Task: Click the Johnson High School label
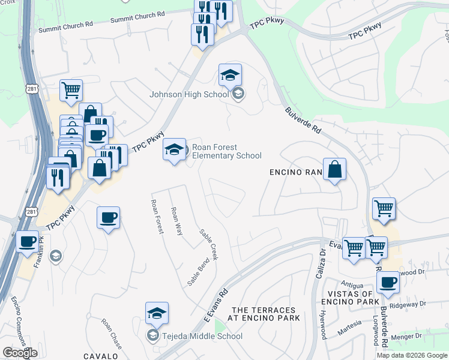coord(189,94)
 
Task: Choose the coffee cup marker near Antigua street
coord(388,282)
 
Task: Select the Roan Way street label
coord(176,221)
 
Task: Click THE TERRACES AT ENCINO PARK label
coord(265,314)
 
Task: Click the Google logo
coord(19,353)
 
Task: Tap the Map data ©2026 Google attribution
coord(412,355)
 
